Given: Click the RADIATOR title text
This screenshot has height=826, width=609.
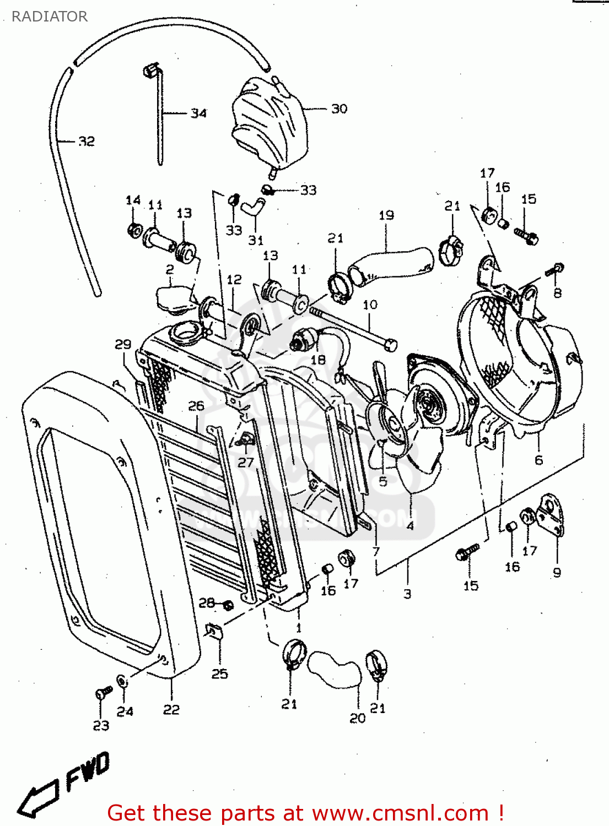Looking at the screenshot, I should (49, 17).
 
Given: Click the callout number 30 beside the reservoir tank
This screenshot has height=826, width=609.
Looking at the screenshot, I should (339, 108).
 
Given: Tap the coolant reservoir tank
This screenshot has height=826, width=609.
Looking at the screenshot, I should (267, 124).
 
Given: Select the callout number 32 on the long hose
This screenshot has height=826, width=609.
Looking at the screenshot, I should (86, 142).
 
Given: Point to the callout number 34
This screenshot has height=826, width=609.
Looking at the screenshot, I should (198, 113).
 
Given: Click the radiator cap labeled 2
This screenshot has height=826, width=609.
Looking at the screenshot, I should (174, 301).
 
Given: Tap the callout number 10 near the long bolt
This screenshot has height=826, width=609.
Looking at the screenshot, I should (370, 305).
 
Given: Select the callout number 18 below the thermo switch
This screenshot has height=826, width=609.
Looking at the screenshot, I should (318, 360).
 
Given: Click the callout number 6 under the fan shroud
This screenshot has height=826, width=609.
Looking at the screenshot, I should (538, 460).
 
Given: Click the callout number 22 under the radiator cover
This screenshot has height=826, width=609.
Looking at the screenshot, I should (171, 709).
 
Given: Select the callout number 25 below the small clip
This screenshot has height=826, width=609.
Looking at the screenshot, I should (219, 673).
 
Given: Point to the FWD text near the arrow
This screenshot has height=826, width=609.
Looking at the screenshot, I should (88, 770).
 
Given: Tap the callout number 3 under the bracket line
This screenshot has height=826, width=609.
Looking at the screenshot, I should (407, 594).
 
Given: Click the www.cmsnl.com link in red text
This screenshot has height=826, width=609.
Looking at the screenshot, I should (401, 813).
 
